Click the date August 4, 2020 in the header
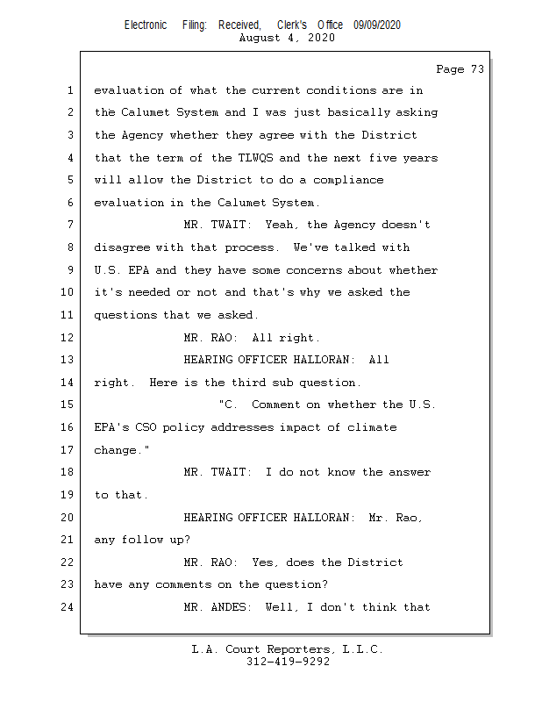tap(286, 39)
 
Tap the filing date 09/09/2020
tap(377, 25)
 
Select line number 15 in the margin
tap(69, 405)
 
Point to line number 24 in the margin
tap(69, 607)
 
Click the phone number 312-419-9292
tap(288, 663)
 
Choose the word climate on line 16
tap(373, 427)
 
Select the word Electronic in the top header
tap(146, 25)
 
